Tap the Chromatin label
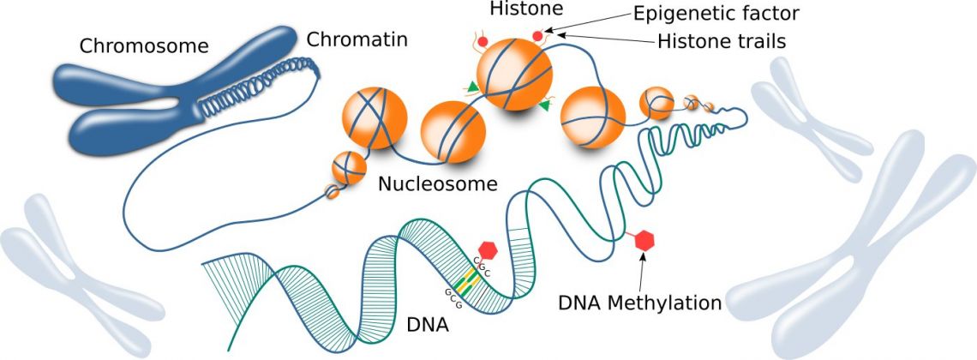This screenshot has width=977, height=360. (x=357, y=39)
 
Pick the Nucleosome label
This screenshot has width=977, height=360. (x=438, y=183)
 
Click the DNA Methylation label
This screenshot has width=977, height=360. (x=639, y=302)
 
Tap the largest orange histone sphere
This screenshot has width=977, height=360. (x=514, y=73)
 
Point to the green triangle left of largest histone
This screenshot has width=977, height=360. (x=472, y=84)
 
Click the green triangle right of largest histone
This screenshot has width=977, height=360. (x=545, y=105)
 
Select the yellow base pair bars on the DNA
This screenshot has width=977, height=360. (x=466, y=279)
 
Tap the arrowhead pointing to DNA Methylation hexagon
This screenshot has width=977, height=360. (x=642, y=260)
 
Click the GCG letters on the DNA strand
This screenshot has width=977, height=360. (x=452, y=297)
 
